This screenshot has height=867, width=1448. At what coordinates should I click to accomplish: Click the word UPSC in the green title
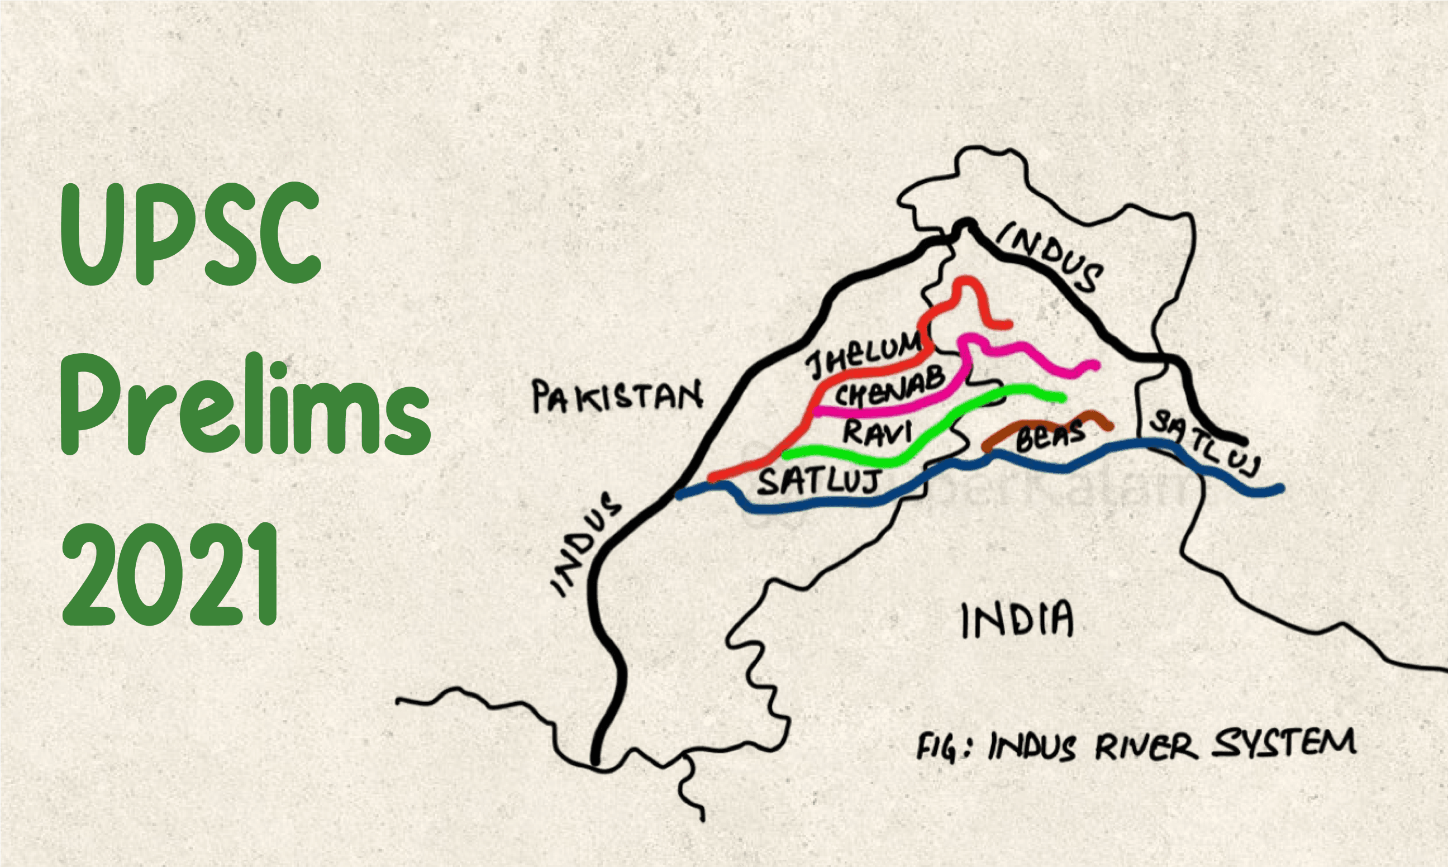click(x=190, y=234)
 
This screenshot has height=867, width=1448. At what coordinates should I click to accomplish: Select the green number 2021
click(x=169, y=575)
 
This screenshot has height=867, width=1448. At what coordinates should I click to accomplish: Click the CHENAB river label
click(x=889, y=388)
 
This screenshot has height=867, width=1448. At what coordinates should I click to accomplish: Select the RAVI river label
click(x=876, y=433)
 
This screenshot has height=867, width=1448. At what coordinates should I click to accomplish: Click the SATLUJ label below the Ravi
click(x=819, y=482)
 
